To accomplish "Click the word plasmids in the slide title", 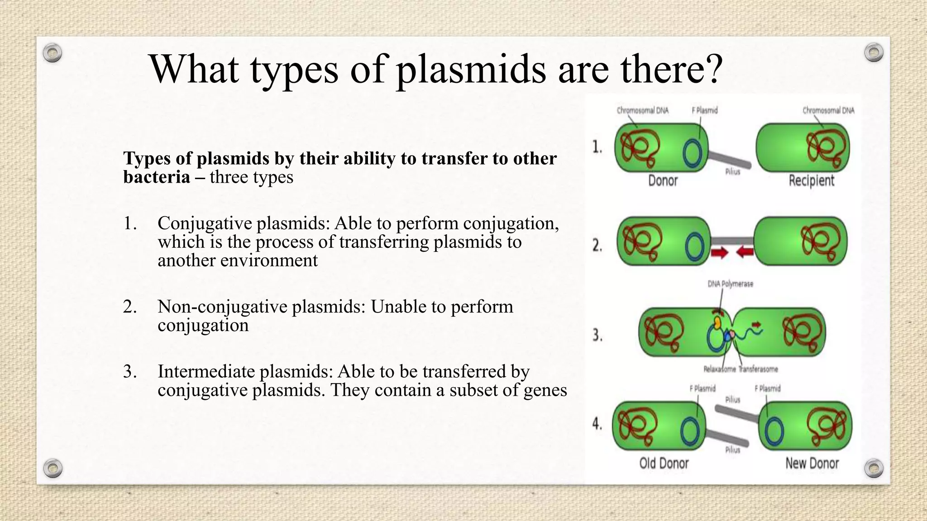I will tap(471, 70).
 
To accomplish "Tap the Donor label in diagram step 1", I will tap(663, 181).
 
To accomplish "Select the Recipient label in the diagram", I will tap(811, 181).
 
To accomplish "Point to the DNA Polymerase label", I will tap(730, 284).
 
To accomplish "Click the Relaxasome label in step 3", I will tap(719, 369).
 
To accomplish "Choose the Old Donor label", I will tap(664, 464).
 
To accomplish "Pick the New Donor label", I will tap(812, 464).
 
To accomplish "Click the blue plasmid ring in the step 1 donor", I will tap(693, 154).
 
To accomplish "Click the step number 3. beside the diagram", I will tap(597, 336).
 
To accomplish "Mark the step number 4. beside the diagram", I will tap(597, 424).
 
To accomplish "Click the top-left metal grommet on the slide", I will tap(53, 53).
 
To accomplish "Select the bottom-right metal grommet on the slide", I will tap(874, 468).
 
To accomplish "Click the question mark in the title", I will tap(713, 70).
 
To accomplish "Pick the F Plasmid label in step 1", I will tap(704, 110).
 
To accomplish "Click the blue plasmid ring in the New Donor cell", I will tap(774, 432).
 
